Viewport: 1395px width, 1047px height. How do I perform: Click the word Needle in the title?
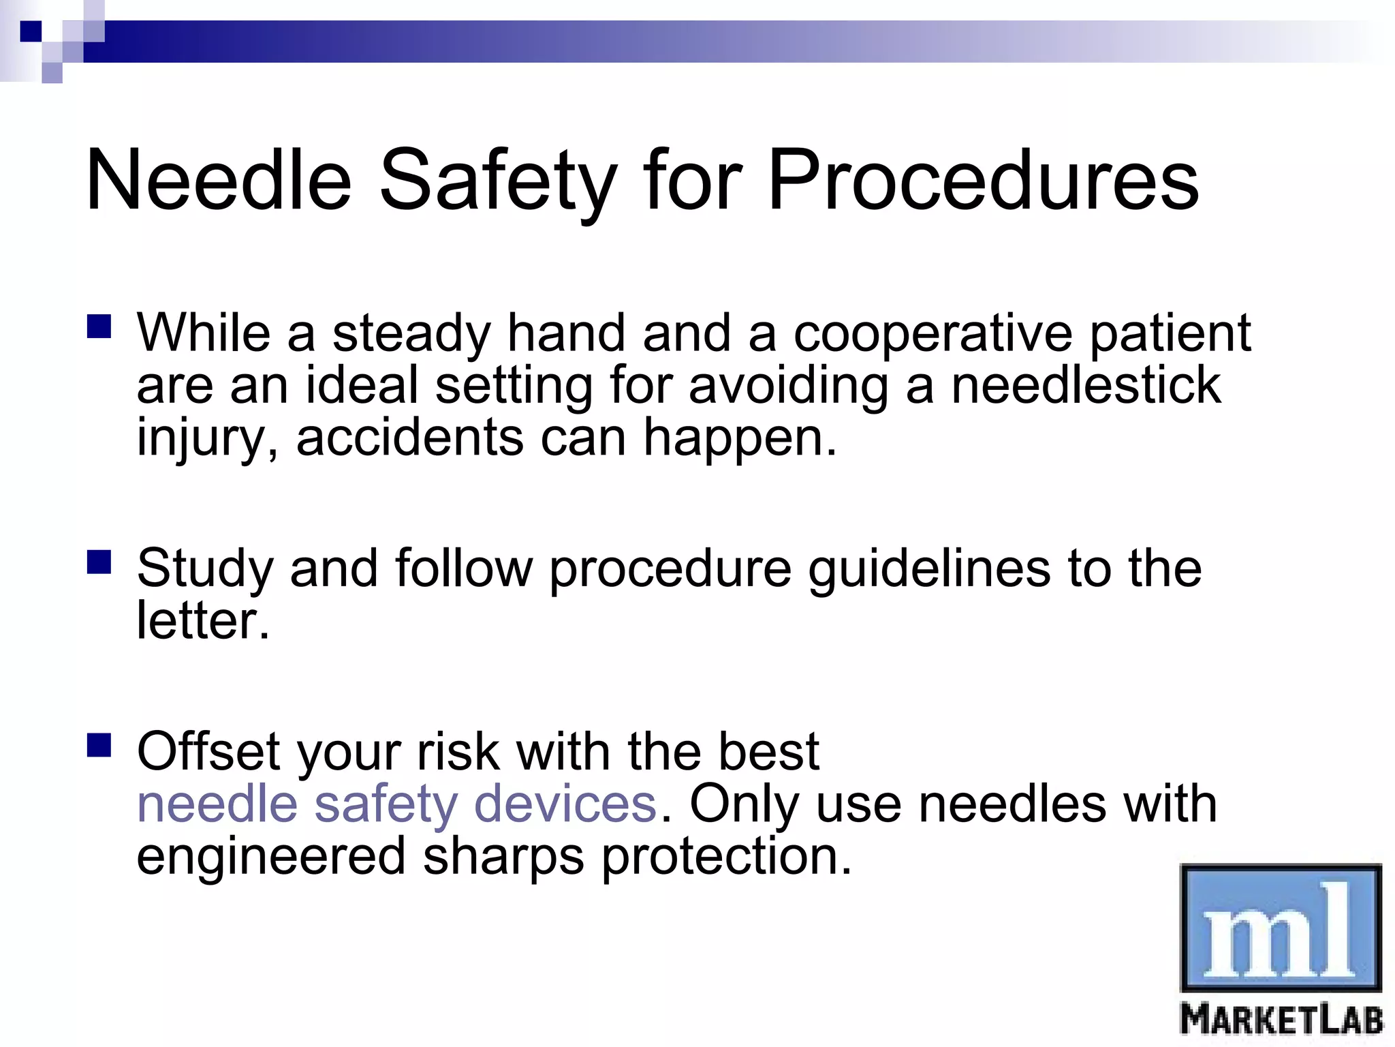(218, 181)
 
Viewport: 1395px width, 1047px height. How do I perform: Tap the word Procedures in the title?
(982, 181)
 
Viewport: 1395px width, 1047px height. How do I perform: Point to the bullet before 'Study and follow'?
(99, 562)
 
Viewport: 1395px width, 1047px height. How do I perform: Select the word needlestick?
(1085, 386)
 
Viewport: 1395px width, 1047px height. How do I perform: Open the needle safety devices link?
(396, 804)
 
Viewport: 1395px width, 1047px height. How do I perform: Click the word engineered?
(271, 857)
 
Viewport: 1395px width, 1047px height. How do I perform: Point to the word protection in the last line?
(725, 857)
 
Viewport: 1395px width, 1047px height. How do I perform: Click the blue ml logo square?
(1280, 928)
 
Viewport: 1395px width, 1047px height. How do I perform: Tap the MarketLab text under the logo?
(1281, 1020)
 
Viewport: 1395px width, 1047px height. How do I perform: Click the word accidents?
(409, 438)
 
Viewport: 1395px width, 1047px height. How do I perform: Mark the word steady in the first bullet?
(411, 334)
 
